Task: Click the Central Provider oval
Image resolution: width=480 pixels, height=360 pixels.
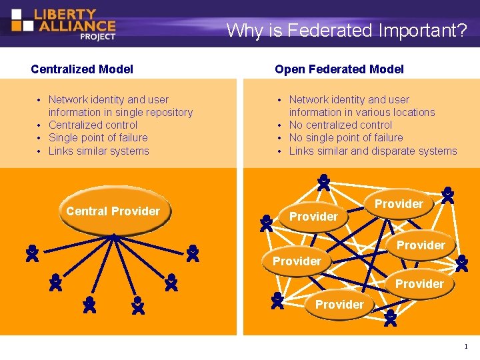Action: [x=113, y=211]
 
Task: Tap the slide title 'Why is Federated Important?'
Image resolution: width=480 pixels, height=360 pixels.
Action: [x=346, y=30]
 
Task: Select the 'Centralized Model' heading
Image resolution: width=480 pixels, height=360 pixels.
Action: [x=82, y=69]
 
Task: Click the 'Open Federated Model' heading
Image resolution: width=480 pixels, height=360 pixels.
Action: [x=339, y=69]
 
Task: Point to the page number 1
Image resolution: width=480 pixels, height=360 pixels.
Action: [x=465, y=346]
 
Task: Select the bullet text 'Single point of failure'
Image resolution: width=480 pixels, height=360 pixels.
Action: [x=98, y=137]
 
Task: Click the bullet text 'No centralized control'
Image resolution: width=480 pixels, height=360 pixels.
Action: [x=340, y=125]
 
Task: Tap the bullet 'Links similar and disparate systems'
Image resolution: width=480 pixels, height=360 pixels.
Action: [x=373, y=151]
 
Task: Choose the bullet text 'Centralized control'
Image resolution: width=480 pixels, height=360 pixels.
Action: [x=93, y=125]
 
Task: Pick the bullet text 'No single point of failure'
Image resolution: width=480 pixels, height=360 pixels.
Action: [x=345, y=137]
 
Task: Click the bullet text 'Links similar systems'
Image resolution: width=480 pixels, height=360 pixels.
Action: [x=99, y=151]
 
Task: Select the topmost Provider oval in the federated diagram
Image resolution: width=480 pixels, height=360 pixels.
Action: [x=399, y=204]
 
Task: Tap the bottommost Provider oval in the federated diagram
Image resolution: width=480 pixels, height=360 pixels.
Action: [x=339, y=305]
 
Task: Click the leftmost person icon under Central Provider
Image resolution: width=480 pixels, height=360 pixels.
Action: [x=31, y=253]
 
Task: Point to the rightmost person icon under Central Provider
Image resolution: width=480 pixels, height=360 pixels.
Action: [x=193, y=253]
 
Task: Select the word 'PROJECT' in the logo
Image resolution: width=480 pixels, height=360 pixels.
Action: [x=97, y=37]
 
